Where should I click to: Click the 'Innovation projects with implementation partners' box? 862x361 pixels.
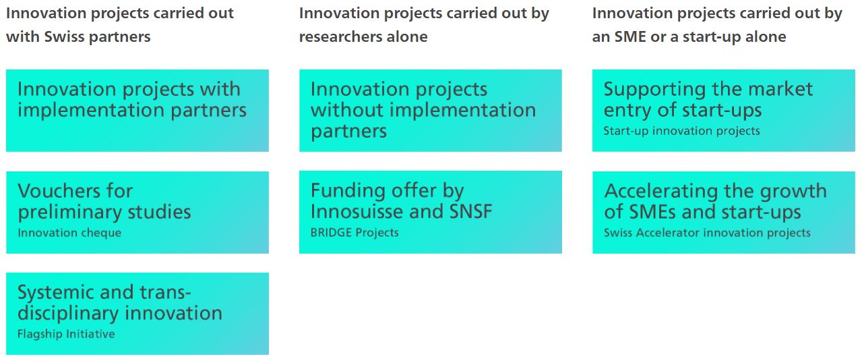coord(137,111)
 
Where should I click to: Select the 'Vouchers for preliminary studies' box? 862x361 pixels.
coord(137,213)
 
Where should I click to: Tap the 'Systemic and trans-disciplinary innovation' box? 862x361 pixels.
coord(137,314)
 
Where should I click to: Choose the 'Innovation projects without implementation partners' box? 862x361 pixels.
coord(431,111)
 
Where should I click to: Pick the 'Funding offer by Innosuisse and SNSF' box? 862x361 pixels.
coord(431,213)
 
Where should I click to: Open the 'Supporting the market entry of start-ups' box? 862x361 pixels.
coord(724,111)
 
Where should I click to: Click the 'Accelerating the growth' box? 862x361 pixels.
coord(724,213)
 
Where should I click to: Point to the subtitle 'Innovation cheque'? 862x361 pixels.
coord(69,233)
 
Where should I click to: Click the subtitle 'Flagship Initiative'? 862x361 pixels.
coord(66,334)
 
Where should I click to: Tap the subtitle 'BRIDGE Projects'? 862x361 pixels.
coord(355,233)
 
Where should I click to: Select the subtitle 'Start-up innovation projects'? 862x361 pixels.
coord(682,131)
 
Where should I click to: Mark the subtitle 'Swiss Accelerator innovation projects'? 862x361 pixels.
coord(707,233)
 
